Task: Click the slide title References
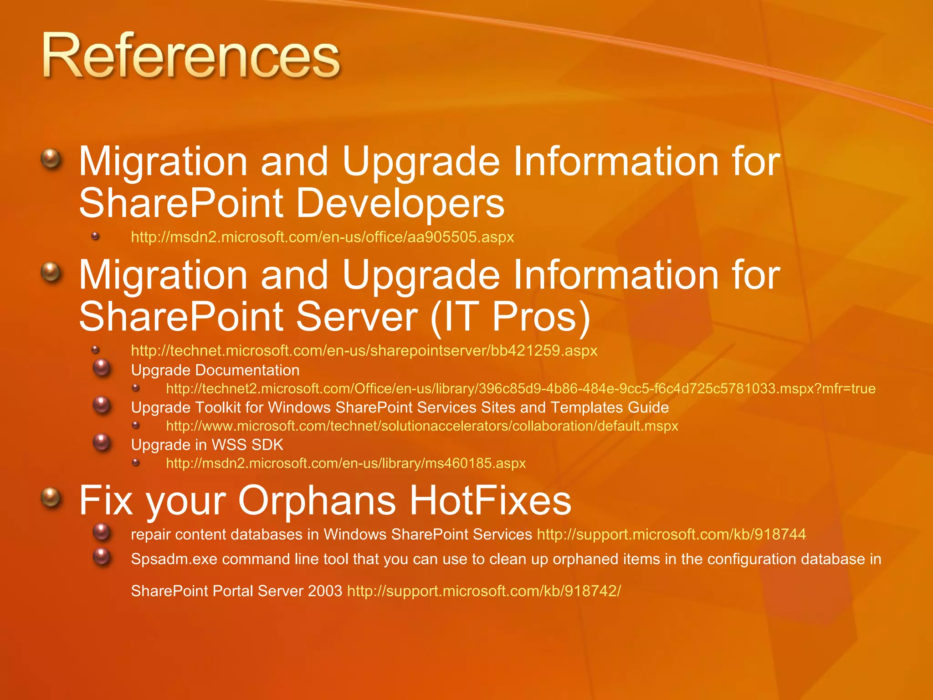191,57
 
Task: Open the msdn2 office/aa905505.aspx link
322,237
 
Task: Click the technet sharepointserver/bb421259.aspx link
364,350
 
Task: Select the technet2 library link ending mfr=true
520,389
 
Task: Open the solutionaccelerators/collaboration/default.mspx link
422,426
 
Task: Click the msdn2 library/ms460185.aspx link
345,463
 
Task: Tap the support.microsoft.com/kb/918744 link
671,534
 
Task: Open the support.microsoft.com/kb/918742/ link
484,591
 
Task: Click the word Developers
400,203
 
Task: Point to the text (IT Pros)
510,317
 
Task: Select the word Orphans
317,500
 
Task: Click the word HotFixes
490,500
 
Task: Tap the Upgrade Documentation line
215,370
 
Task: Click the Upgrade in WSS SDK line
207,445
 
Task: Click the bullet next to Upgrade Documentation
102,368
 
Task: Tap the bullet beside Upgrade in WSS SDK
102,443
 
